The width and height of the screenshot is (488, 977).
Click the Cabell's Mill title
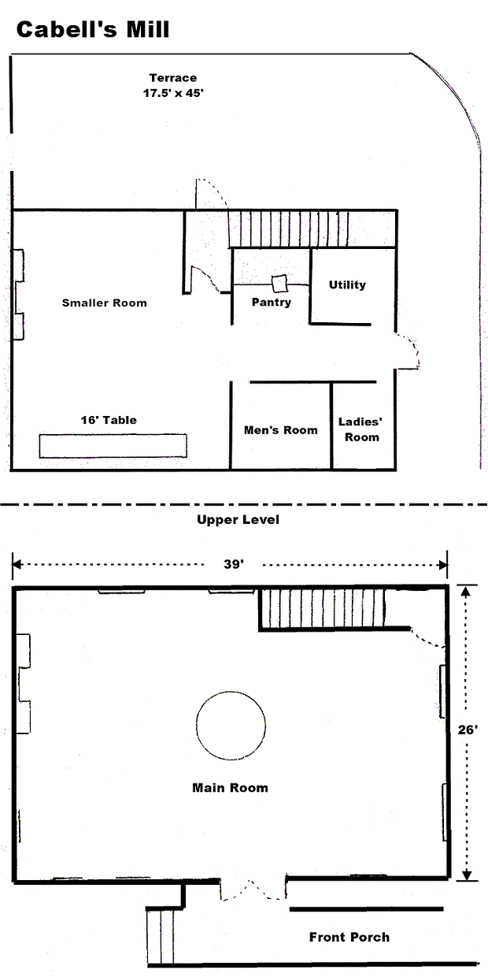pyautogui.click(x=92, y=30)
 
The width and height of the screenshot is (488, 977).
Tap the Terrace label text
pyautogui.click(x=173, y=78)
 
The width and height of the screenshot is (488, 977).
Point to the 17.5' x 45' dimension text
pyautogui.click(x=173, y=93)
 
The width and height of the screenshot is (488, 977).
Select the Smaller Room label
pyautogui.click(x=104, y=303)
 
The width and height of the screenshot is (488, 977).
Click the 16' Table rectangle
pyautogui.click(x=113, y=445)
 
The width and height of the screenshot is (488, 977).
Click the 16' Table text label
pyautogui.click(x=109, y=420)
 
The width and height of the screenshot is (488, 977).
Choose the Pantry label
pyautogui.click(x=272, y=303)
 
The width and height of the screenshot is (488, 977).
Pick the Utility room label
pyautogui.click(x=347, y=284)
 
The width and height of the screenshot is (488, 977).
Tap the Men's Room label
pyautogui.click(x=280, y=430)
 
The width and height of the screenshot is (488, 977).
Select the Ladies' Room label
pyautogui.click(x=360, y=429)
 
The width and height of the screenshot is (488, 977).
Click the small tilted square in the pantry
pyautogui.click(x=279, y=284)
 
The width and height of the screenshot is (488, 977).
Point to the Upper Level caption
pyautogui.click(x=238, y=519)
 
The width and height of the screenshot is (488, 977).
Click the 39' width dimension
pyautogui.click(x=234, y=564)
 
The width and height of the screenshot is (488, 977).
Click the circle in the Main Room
pyautogui.click(x=231, y=726)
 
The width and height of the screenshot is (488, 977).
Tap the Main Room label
pyautogui.click(x=230, y=788)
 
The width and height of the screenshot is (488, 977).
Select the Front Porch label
pyautogui.click(x=349, y=937)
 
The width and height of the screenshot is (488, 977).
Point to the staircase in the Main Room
pyautogui.click(x=323, y=608)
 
